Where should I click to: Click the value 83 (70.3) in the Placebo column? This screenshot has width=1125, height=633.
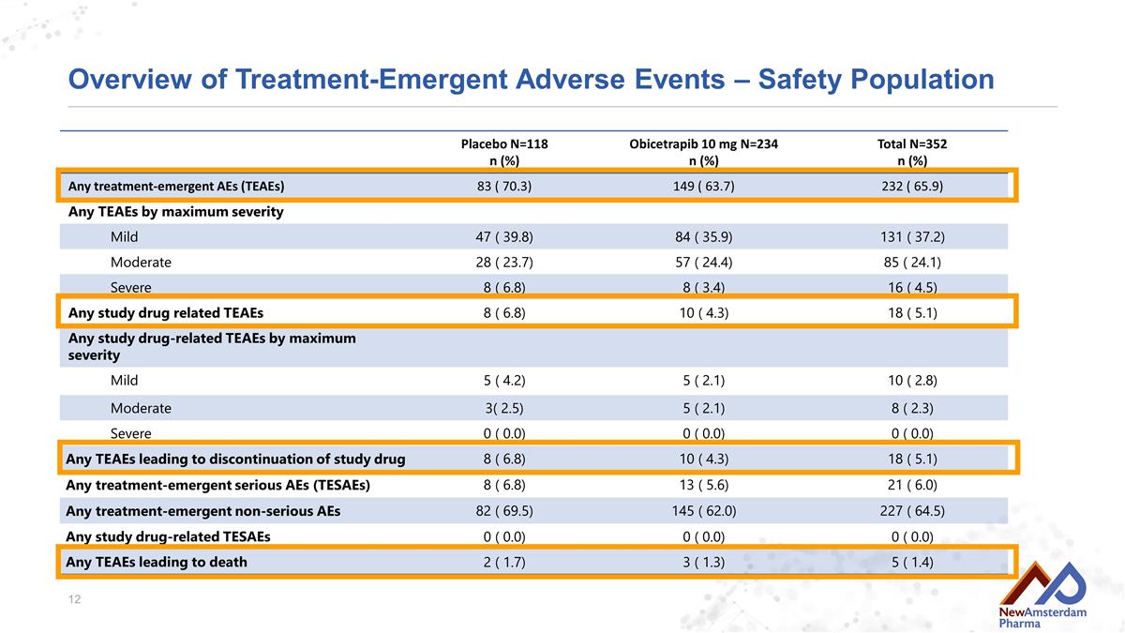tap(504, 187)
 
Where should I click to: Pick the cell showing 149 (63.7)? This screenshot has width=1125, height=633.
tap(704, 187)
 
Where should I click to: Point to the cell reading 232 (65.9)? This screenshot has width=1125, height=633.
tap(912, 187)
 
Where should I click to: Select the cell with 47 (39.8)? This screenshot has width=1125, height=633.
tap(504, 236)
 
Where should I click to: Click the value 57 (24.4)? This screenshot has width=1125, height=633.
tap(704, 263)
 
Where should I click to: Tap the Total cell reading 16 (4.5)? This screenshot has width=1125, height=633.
tap(912, 287)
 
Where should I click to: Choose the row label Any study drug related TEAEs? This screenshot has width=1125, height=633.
tap(166, 313)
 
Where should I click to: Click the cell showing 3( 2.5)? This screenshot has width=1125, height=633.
tap(504, 408)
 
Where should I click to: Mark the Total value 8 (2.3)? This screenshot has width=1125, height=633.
tap(912, 408)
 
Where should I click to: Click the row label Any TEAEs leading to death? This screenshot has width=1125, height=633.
tap(157, 562)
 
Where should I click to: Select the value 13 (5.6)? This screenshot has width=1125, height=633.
tap(704, 485)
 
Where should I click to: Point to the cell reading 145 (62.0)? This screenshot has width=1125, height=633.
tap(704, 511)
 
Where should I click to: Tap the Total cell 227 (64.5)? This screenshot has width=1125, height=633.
tap(912, 511)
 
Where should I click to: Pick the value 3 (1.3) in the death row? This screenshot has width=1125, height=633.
tap(704, 562)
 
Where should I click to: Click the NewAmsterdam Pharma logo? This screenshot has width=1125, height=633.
tap(1042, 595)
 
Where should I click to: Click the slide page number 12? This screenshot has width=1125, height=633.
tap(74, 599)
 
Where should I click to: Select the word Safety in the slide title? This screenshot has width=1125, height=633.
tap(799, 80)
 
